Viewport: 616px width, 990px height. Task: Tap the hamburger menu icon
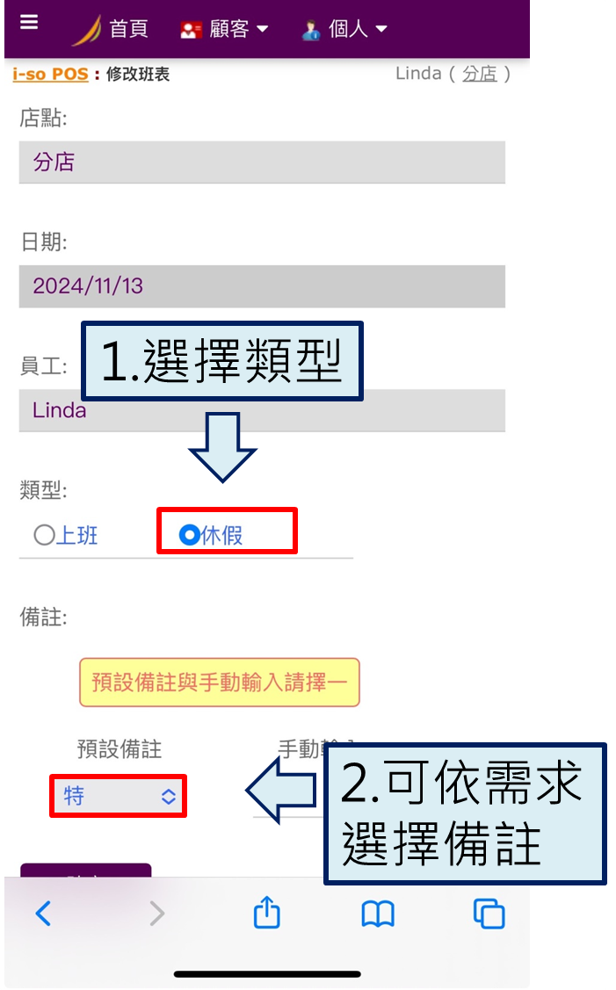[29, 23]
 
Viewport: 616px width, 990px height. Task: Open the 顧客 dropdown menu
[225, 29]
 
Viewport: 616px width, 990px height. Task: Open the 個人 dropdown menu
[344, 29]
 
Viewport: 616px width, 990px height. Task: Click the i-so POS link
[50, 74]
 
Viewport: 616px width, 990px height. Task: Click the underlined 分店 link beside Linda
[479, 74]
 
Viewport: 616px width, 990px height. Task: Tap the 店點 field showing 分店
[262, 163]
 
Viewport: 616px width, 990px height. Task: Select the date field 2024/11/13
[262, 286]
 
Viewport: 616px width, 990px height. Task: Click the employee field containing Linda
[262, 410]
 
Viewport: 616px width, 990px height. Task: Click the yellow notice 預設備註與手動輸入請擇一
[220, 683]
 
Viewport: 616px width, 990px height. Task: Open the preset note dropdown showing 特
[119, 796]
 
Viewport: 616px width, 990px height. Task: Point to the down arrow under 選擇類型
[222, 445]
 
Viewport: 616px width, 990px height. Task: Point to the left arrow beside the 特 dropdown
[279, 791]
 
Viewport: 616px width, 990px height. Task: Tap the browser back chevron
[43, 914]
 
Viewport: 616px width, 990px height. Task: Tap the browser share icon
[266, 914]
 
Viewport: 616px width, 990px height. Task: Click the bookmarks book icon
[378, 914]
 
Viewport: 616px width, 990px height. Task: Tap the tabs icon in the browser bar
[489, 914]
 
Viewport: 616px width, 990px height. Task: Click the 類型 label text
[43, 491]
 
